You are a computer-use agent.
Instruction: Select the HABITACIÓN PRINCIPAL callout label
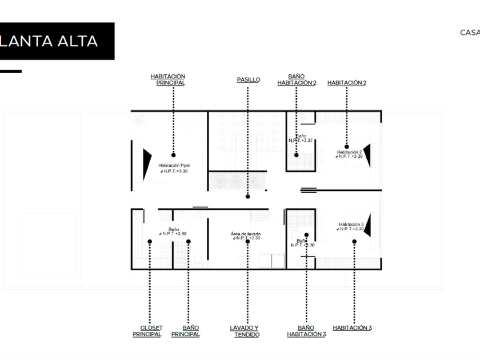168,79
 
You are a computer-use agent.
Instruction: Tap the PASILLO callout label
249,79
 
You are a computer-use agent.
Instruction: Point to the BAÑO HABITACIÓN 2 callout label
297,79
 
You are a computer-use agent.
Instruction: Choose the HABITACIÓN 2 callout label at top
347,83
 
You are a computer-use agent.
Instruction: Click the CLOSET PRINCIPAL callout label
147,331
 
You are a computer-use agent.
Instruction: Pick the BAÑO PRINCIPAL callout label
186,331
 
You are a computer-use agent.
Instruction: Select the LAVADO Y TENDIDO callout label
245,331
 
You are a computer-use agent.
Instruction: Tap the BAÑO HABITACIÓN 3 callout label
306,331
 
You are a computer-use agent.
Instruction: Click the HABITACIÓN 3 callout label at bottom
353,328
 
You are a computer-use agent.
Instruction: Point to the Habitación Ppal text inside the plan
174,165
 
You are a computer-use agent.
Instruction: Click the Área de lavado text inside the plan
246,234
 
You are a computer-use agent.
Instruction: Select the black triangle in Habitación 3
368,225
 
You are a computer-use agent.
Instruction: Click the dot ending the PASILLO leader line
247,197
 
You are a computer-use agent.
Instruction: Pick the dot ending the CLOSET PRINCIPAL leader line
149,241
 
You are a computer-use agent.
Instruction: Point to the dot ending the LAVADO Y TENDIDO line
247,241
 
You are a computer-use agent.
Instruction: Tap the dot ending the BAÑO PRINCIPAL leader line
189,241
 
